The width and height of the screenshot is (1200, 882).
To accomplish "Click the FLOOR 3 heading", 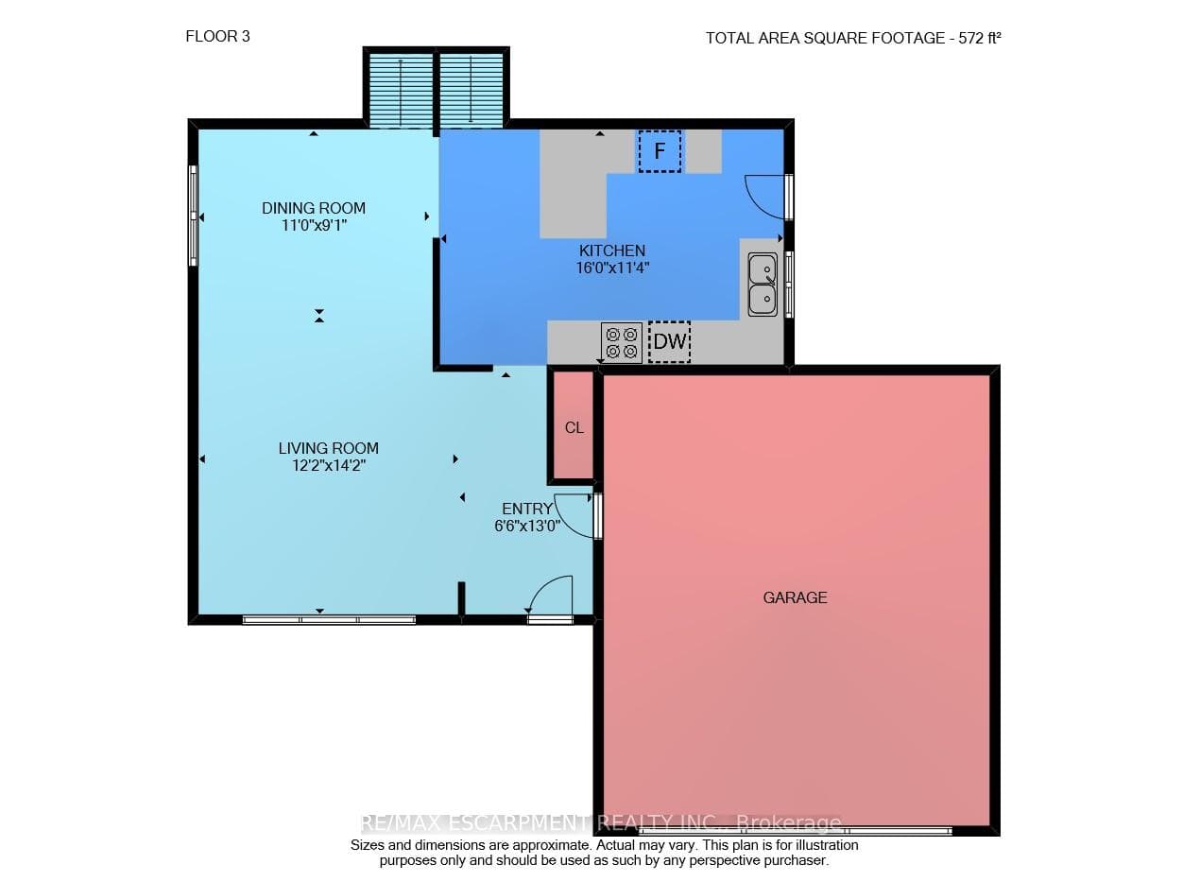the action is click(x=217, y=37).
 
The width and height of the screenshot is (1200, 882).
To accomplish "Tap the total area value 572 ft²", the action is click(x=980, y=38).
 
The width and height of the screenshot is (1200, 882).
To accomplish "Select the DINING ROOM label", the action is click(x=314, y=208).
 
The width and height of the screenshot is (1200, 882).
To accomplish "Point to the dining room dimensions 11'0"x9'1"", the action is click(x=314, y=225).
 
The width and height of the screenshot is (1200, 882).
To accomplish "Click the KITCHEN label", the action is click(x=611, y=251).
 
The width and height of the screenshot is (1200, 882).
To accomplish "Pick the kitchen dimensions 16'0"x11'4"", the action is click(x=612, y=268).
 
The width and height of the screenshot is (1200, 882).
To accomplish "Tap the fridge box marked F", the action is click(x=660, y=151).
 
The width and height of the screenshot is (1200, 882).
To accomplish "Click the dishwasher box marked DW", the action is click(x=669, y=341).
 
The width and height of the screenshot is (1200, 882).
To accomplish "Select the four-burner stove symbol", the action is click(x=622, y=342).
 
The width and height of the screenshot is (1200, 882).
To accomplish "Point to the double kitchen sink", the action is click(x=763, y=284).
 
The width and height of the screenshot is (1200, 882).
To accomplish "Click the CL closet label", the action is click(x=574, y=427).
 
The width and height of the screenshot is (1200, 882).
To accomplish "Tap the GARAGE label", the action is click(x=795, y=597).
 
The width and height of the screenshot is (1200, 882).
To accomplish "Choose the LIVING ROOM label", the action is click(x=329, y=448).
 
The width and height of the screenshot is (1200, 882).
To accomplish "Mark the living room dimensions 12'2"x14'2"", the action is click(x=329, y=465).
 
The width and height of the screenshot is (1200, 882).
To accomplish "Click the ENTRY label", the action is click(x=527, y=509).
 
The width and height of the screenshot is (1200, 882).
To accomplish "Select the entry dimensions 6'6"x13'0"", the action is click(x=527, y=526).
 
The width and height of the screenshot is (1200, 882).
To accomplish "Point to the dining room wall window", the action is click(x=193, y=216).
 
